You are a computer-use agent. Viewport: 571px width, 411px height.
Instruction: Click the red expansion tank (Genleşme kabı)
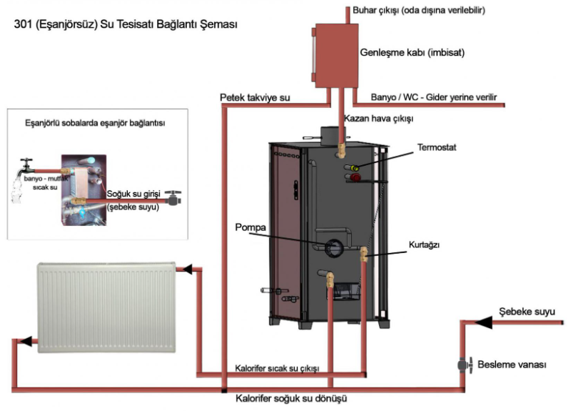[335, 56]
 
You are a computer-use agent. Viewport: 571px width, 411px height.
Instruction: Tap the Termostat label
[437, 147]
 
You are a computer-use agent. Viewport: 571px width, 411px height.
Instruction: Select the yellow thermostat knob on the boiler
[355, 168]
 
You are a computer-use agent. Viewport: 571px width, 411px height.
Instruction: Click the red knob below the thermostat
[355, 177]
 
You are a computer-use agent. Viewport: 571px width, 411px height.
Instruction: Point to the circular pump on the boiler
[334, 247]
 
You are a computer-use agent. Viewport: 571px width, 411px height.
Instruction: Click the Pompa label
[251, 227]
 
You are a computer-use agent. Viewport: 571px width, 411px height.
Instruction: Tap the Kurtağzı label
[424, 244]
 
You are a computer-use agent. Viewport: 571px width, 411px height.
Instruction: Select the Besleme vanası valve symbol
[465, 365]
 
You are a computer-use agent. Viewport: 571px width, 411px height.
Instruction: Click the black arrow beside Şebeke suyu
[484, 322]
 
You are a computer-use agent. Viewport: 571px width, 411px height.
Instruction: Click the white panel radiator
[106, 307]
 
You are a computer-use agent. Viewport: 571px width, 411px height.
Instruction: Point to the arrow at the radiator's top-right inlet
[187, 269]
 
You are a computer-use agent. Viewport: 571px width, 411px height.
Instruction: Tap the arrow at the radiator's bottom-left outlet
[26, 342]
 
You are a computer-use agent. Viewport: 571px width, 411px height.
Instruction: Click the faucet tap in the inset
[26, 166]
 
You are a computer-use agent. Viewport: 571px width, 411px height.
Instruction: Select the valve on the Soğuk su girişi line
[173, 197]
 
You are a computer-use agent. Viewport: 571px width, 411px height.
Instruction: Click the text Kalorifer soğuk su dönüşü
[291, 398]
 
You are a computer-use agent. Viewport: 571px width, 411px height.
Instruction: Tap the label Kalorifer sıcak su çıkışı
[277, 368]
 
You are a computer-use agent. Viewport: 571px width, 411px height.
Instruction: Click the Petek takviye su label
[255, 98]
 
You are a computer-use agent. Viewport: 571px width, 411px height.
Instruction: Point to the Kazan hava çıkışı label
[379, 119]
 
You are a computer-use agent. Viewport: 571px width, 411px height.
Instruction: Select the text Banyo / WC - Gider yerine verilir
[434, 97]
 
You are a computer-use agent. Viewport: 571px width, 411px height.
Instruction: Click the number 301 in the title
[24, 24]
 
